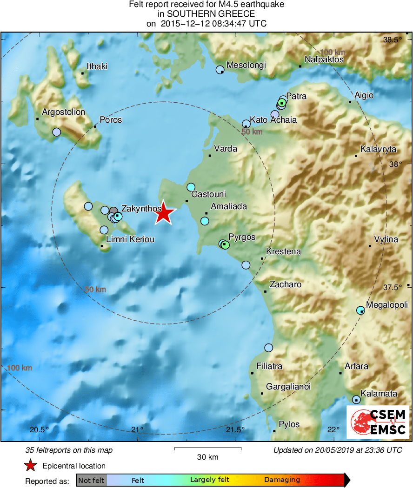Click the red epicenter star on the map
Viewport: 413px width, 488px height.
pos(164,214)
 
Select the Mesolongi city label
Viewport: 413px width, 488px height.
pos(246,65)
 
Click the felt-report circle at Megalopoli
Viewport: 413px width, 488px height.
pos(360,310)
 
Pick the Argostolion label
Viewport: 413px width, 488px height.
pos(63,112)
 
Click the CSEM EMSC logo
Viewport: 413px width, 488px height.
pos(377,422)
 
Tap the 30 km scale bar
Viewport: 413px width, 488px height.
pos(207,449)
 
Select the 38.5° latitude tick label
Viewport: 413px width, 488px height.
pos(392,40)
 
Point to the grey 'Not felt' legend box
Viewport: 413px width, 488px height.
pos(91,480)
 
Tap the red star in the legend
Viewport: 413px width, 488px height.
pos(30,466)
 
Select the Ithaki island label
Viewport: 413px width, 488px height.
pos(97,66)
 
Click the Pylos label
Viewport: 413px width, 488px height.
pos(289,424)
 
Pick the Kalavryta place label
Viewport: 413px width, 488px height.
pos(379,150)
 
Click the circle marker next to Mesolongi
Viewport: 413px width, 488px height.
pos(220,70)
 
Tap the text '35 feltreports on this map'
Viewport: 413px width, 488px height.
pos(69,450)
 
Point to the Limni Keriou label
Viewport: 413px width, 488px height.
pos(130,239)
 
